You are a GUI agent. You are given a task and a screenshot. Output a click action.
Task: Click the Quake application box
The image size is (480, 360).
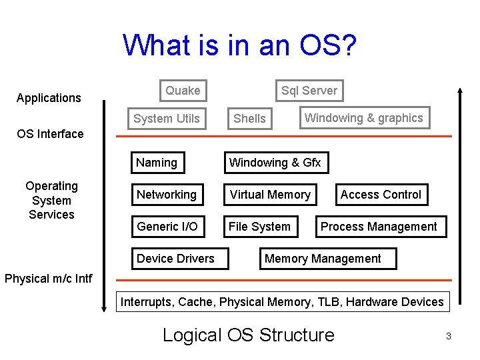[x=183, y=91]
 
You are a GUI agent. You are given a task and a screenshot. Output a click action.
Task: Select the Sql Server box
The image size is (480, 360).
[x=309, y=91]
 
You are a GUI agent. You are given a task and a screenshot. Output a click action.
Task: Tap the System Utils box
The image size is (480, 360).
[x=167, y=119]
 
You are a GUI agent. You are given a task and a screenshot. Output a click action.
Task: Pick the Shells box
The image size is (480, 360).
[x=250, y=119]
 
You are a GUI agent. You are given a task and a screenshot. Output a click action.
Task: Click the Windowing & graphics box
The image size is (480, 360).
[x=363, y=118]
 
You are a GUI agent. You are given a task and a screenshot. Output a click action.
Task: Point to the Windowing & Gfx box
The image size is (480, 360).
[x=275, y=163]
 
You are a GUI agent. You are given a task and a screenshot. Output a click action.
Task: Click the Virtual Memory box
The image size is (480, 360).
[x=270, y=195]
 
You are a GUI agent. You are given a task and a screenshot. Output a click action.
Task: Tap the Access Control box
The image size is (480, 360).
[x=381, y=195]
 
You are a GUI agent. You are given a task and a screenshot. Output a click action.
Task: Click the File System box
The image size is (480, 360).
[x=259, y=227]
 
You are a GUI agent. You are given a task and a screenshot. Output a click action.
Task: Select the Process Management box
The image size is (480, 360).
[x=379, y=227]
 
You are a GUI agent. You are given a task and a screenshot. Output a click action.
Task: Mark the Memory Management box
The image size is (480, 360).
[x=323, y=259]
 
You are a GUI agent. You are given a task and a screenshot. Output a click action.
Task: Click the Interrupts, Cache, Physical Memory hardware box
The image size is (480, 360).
[x=281, y=302]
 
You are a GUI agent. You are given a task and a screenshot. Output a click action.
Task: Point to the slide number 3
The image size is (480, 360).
[x=449, y=337]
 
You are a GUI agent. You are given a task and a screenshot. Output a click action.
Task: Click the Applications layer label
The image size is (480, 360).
[x=49, y=98]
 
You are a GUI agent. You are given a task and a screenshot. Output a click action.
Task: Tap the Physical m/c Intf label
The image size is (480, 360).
[x=49, y=278]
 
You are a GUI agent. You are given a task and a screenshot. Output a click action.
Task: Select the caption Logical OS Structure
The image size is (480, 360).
[x=248, y=335]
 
